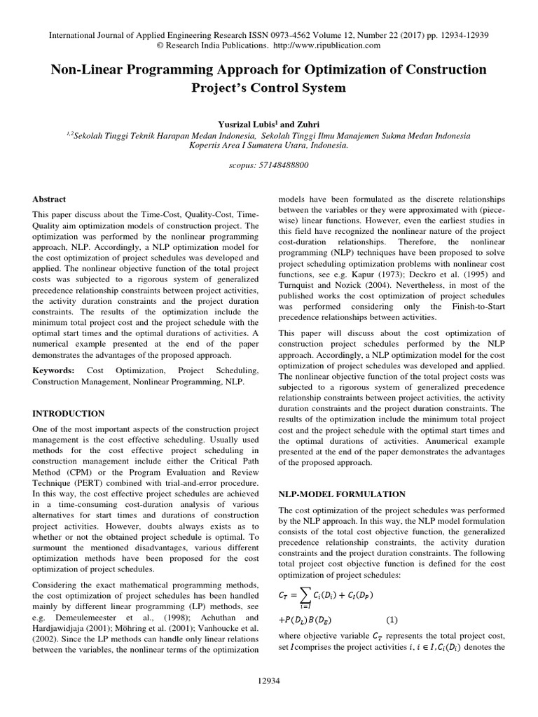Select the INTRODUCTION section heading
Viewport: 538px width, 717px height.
[69, 414]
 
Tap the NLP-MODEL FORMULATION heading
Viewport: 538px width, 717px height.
[342, 494]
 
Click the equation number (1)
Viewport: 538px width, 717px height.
[393, 619]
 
